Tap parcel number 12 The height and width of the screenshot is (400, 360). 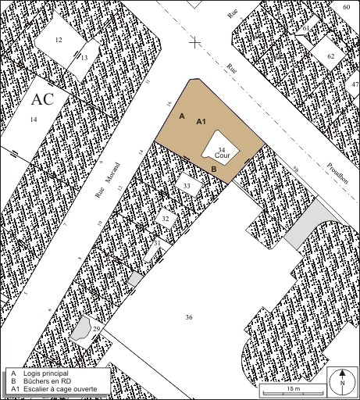[59, 40]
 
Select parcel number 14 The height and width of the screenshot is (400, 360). [33, 119]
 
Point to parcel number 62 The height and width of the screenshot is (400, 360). [330, 57]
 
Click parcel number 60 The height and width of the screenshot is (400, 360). [346, 6]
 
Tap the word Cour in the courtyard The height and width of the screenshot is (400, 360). [220, 155]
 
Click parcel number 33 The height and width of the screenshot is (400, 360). [186, 185]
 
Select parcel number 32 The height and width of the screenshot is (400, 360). [165, 219]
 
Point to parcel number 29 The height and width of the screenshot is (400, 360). [96, 330]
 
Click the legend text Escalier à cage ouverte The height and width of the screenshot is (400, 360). [59, 389]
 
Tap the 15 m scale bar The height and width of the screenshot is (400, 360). [289, 389]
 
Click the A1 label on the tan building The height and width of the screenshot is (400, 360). [201, 121]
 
